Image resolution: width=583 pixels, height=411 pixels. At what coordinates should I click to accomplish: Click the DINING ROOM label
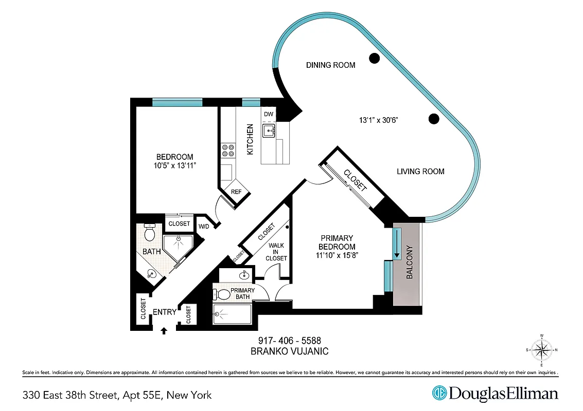(330, 65)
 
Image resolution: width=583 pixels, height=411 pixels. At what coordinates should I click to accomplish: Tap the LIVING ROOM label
(420, 172)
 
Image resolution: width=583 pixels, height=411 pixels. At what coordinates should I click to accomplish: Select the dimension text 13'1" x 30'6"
(379, 120)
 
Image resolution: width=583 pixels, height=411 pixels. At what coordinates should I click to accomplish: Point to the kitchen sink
(269, 131)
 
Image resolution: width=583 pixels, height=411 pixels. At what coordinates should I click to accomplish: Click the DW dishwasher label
(268, 114)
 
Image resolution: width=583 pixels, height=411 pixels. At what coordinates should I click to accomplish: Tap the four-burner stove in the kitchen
(228, 150)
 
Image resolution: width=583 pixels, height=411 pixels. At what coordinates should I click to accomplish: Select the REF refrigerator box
(236, 192)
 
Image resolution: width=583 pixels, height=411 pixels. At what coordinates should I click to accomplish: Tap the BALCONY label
(410, 263)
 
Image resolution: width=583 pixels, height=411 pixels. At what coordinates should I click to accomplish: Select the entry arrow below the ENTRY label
(164, 330)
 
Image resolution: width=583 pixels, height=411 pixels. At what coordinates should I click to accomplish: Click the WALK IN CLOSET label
(276, 252)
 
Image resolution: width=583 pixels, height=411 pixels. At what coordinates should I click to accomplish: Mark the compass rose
(541, 350)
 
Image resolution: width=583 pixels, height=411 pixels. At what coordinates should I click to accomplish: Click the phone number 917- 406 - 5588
(289, 341)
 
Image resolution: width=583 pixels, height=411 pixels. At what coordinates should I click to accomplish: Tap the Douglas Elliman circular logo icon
(439, 394)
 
